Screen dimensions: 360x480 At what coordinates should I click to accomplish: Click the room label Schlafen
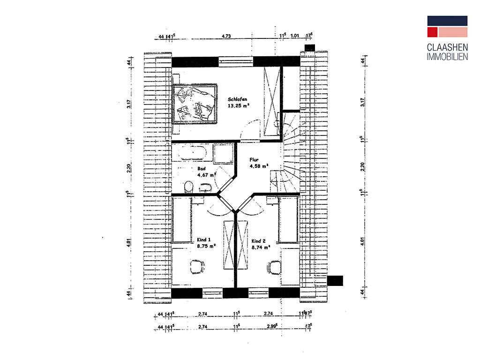point(238,99)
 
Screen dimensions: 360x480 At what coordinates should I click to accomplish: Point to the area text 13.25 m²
point(238,106)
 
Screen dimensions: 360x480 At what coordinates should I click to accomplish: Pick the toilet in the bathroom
point(189,187)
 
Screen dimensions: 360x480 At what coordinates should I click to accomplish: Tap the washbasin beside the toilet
point(206,188)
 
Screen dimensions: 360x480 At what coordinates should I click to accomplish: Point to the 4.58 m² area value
point(258,166)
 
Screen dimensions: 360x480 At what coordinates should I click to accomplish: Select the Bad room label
point(202,169)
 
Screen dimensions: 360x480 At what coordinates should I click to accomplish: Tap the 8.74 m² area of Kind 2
point(261,247)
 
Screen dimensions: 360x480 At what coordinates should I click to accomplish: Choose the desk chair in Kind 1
point(196,267)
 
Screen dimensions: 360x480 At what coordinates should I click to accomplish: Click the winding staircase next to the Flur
point(289,150)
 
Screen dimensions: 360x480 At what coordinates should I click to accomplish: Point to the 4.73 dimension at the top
point(226,35)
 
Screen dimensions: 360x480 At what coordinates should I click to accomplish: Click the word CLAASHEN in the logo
point(447,48)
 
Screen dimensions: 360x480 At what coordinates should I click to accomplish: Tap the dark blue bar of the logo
point(447,20)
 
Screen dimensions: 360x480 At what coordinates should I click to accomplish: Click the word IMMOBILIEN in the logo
point(447,57)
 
